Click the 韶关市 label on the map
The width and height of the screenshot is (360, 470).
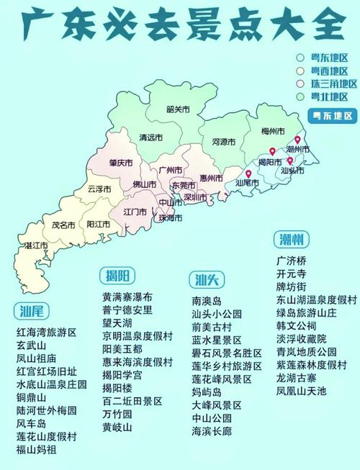coord(177,109)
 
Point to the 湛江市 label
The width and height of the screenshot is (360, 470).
coord(36,245)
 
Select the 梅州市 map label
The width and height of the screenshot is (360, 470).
coord(274,130)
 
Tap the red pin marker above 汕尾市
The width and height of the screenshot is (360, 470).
coord(248,173)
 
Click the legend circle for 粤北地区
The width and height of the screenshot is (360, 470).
coord(300,96)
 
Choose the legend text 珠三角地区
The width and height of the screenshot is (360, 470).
coord(329,83)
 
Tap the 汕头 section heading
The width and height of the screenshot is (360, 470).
coord(207,280)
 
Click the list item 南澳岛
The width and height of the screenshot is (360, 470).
coord(207,301)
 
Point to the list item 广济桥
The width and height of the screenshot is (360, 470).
coord(292,260)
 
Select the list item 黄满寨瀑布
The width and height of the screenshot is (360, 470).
coord(127,297)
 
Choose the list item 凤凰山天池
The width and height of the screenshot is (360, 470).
coord(302,391)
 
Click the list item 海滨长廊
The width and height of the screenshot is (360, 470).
coord(212,431)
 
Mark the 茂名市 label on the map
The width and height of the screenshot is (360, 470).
coord(63,225)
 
